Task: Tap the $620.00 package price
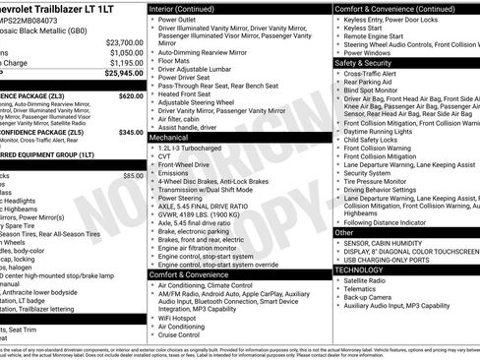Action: coord(130,96)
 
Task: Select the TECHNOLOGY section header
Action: coord(360,269)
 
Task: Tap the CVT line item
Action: coord(165,155)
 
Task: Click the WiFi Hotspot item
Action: coord(181,318)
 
